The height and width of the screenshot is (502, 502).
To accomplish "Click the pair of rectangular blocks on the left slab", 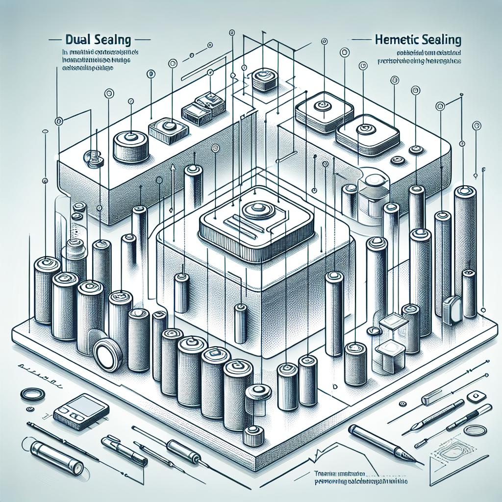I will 202,107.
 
